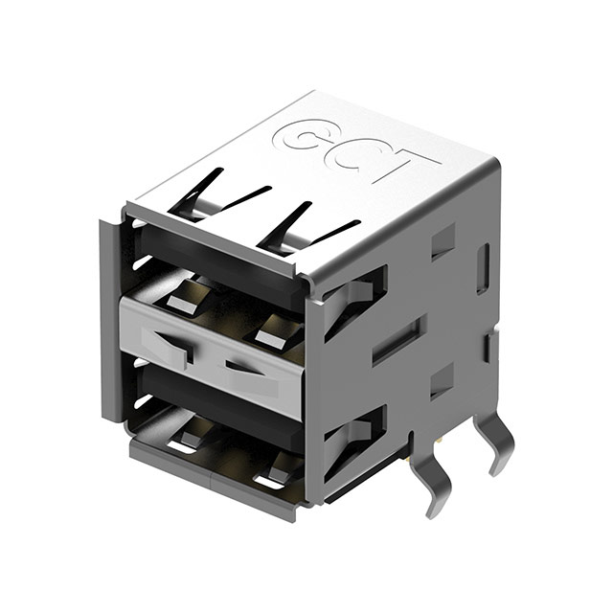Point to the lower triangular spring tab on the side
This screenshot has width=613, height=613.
(x=352, y=436)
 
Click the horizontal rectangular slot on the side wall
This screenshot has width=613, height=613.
(x=396, y=340)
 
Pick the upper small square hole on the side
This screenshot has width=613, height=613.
(x=442, y=241)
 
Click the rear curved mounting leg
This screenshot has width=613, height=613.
(x=494, y=442)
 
